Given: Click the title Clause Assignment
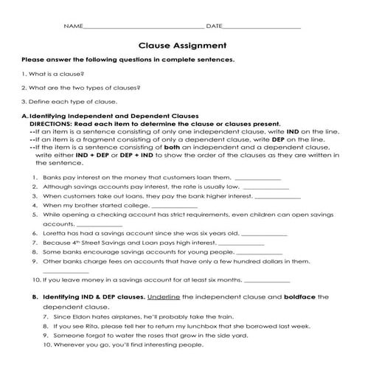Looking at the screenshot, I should coord(182,44).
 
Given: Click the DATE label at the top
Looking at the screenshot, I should coord(215,27).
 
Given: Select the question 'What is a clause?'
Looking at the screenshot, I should coord(55,74).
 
